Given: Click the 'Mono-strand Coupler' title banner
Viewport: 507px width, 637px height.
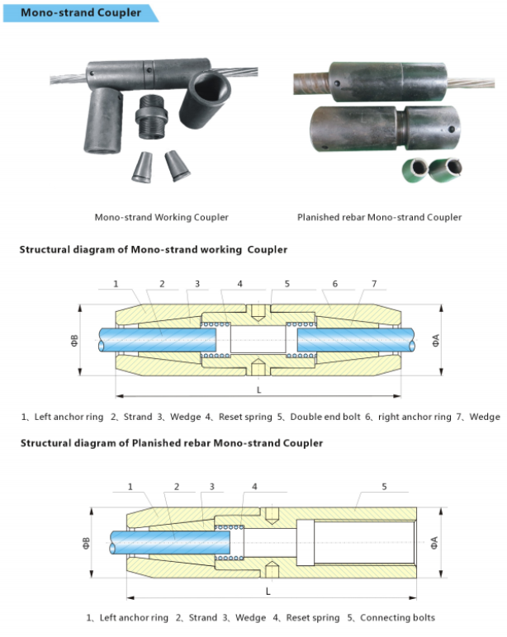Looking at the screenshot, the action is point(80,12).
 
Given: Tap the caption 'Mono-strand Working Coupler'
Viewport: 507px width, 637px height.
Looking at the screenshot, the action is point(161,217).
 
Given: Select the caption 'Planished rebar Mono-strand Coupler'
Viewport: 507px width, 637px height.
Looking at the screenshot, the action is point(379,217).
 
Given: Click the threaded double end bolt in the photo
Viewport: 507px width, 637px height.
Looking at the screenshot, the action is point(151,116).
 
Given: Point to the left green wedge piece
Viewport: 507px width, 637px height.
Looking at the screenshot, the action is point(415,170).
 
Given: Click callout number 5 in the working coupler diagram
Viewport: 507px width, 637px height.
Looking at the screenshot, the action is point(287,284).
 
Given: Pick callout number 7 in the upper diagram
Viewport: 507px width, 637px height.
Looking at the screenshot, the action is point(374,284).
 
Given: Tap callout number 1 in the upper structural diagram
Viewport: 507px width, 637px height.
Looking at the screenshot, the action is point(116,284).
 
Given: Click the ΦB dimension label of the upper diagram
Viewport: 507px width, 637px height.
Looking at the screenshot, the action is point(75,341).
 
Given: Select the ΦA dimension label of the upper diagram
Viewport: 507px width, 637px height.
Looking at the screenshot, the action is point(435,341).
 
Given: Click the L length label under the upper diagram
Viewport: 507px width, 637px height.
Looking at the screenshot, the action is point(258,390).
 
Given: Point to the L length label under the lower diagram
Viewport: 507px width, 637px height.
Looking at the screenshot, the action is point(268,592).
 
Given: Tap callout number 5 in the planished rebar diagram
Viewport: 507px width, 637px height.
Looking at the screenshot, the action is point(384,486).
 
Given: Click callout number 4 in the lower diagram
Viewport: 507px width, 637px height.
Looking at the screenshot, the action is point(254,486).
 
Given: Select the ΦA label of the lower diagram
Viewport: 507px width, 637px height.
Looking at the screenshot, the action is point(434,543).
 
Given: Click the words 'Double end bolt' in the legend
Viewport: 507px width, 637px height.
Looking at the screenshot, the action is point(325,417).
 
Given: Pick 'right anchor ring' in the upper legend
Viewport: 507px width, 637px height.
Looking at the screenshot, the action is point(415,417).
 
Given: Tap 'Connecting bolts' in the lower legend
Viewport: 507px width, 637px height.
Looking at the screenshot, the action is point(397,618).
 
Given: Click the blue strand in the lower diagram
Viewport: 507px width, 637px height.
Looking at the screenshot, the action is point(169,543).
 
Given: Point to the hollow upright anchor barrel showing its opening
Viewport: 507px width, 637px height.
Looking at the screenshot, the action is point(205,99).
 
